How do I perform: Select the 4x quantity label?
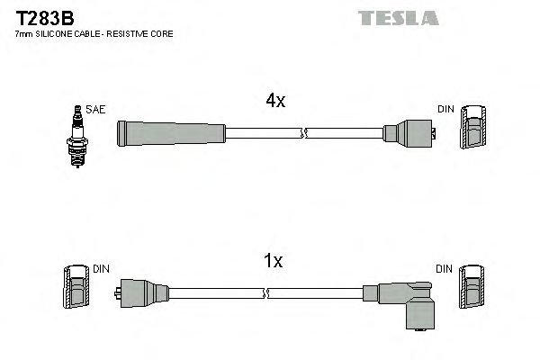coord(275,102)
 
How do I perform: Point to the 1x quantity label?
coord(273,262)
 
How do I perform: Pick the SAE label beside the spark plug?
coord(97,110)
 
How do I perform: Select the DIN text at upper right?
coord(447,110)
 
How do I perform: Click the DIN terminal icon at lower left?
coord(76,288)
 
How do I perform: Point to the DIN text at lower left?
coord(101,268)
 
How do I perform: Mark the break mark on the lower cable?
coord(266,292)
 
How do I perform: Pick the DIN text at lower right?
coord(445,268)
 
